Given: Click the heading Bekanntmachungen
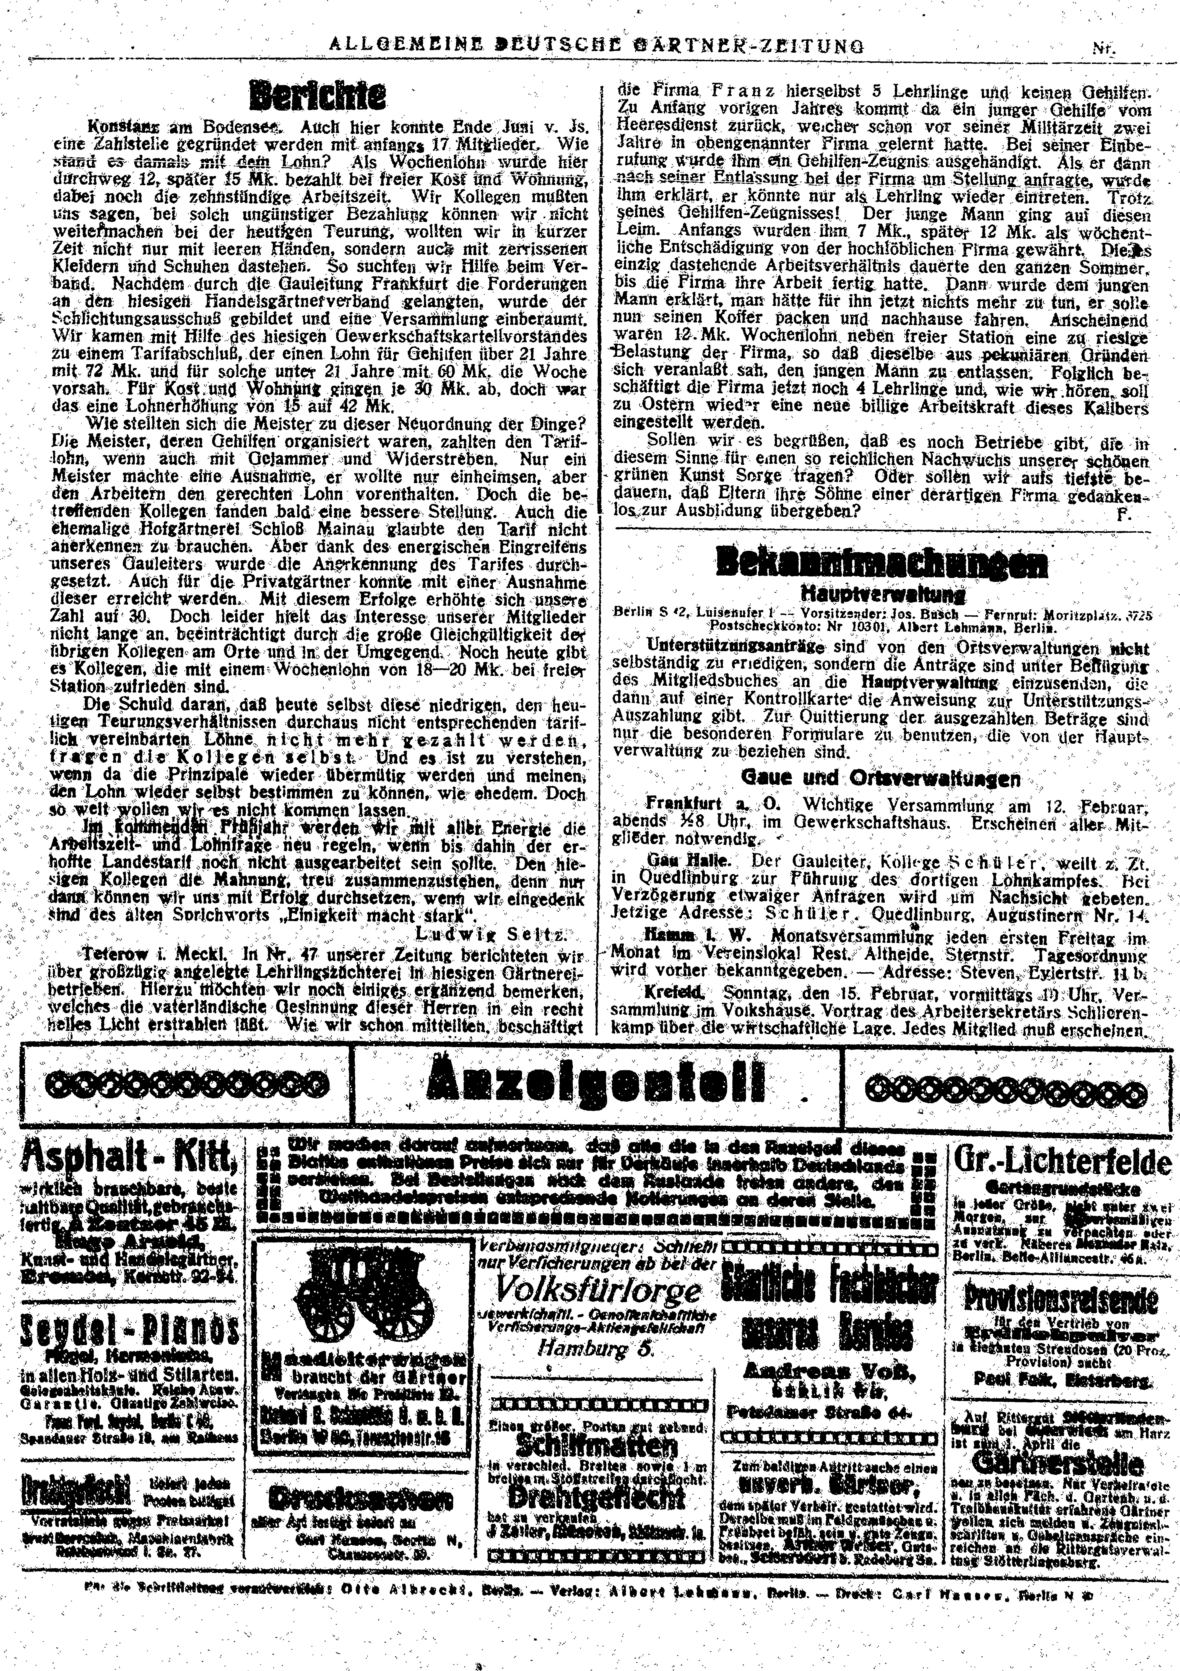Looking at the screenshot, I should pos(882,562).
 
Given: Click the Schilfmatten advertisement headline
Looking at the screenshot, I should pos(597,1445).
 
